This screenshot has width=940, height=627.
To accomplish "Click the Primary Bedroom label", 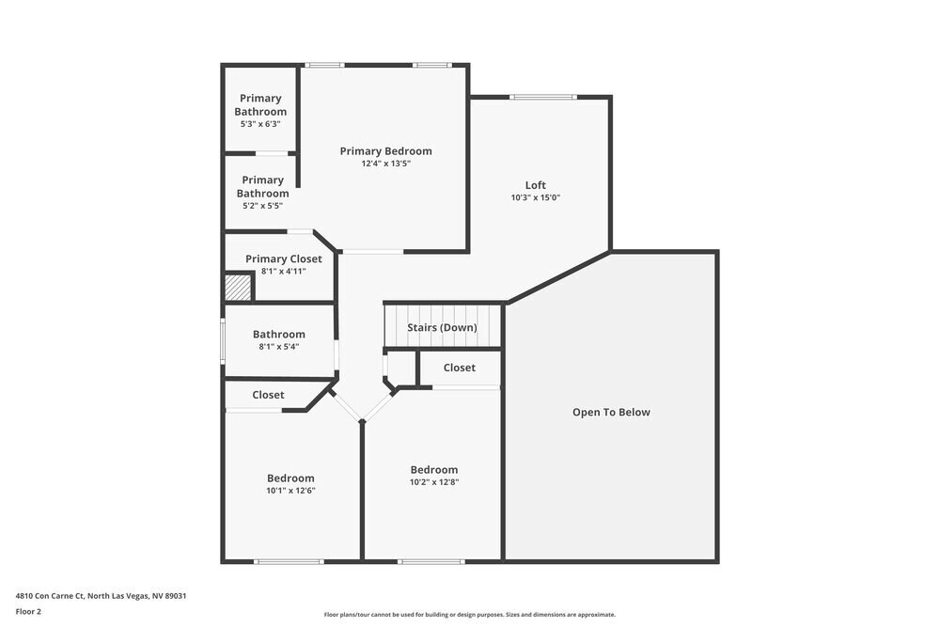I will coord(385,151).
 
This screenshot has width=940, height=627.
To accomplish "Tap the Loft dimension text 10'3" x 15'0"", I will coord(535,197).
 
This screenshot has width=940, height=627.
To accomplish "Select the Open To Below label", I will coord(611,412).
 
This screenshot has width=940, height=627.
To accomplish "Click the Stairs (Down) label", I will coord(442,327).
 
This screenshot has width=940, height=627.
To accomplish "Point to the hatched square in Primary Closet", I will coord(238,288).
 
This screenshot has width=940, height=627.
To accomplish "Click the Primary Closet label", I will coord(283,259).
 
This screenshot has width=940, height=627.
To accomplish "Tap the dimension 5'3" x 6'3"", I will coord(260,123).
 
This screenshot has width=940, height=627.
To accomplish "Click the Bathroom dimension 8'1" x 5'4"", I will coord(278,346).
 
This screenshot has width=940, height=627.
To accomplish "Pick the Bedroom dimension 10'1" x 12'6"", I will coord(290,490).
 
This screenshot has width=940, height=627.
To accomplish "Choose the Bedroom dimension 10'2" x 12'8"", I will coord(433,481).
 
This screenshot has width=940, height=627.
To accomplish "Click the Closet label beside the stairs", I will coord(459,368).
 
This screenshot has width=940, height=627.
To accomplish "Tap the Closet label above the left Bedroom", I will coord(268,395).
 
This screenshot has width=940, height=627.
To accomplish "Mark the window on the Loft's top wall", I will coord(543,97).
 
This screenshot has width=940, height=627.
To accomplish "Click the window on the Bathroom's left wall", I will coord(223,340).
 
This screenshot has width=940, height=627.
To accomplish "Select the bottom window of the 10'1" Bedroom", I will coord(289,561).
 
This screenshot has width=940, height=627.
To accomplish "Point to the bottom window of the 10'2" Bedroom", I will coord(431,561).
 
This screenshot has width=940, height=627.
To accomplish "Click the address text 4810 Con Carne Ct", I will coord(107,595).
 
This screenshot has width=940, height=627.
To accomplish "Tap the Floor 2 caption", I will coord(28,611).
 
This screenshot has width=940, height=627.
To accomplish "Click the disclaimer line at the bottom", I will coord(470,615).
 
